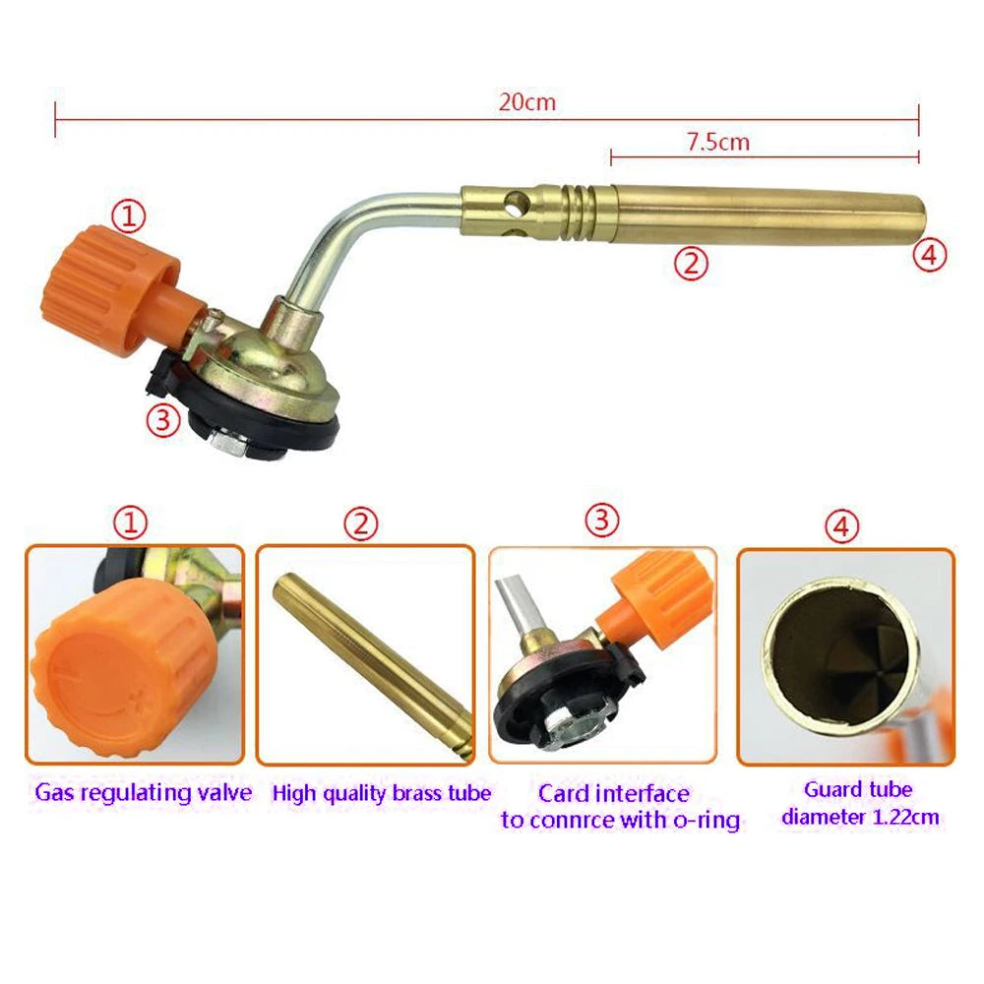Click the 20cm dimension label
[x=526, y=102]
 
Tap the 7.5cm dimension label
[x=717, y=142]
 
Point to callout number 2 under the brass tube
[x=692, y=263]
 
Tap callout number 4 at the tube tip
[x=929, y=255]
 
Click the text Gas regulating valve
[x=144, y=792]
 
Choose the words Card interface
[x=613, y=793]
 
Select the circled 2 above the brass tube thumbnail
[x=361, y=523]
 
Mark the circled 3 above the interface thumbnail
[x=603, y=522]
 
